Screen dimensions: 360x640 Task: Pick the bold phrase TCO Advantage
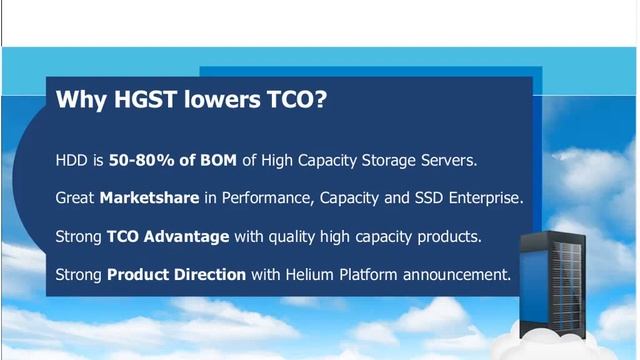click(168, 236)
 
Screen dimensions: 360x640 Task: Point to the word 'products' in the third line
click(448, 236)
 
